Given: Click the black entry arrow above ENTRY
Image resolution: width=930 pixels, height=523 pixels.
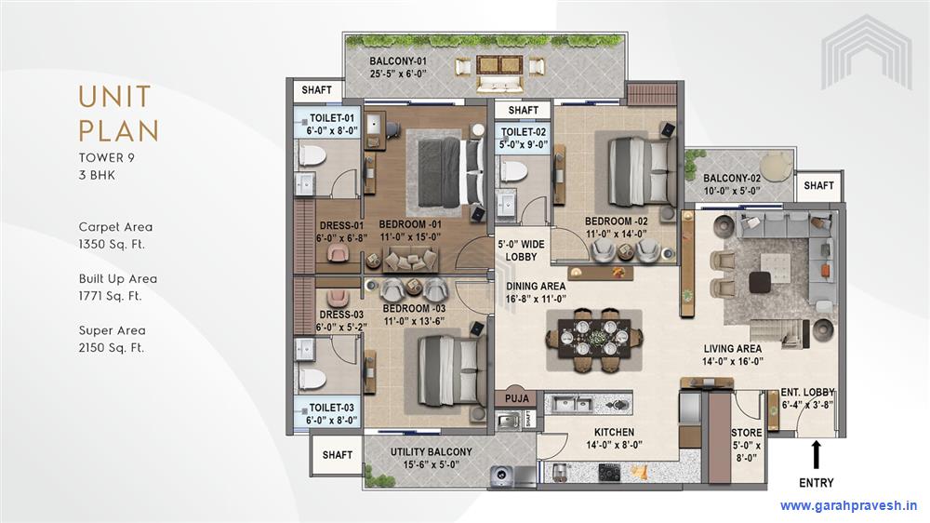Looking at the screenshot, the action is [817, 455].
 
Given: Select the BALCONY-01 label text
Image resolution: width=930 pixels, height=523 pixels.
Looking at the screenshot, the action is [398, 61].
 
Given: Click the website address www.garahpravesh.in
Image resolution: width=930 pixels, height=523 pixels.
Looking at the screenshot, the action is [849, 506].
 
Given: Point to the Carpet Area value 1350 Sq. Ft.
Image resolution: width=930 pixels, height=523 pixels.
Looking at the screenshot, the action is [112, 244].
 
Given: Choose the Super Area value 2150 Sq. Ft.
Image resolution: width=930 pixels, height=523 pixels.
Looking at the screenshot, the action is [112, 348].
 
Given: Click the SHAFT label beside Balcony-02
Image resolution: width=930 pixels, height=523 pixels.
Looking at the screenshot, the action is [818, 186].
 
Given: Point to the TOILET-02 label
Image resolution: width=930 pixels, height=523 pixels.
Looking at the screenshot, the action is [523, 132].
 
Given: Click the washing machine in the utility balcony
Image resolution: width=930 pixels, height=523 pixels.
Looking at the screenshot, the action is [502, 475].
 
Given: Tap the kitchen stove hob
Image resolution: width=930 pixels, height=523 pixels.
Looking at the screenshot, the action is [610, 473].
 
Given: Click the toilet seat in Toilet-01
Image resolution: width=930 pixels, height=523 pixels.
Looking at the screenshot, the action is [312, 156].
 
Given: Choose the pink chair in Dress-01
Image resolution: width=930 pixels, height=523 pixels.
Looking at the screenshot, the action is [339, 254].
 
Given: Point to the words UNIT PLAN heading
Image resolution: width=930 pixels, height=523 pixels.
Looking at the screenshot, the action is [119, 114].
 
